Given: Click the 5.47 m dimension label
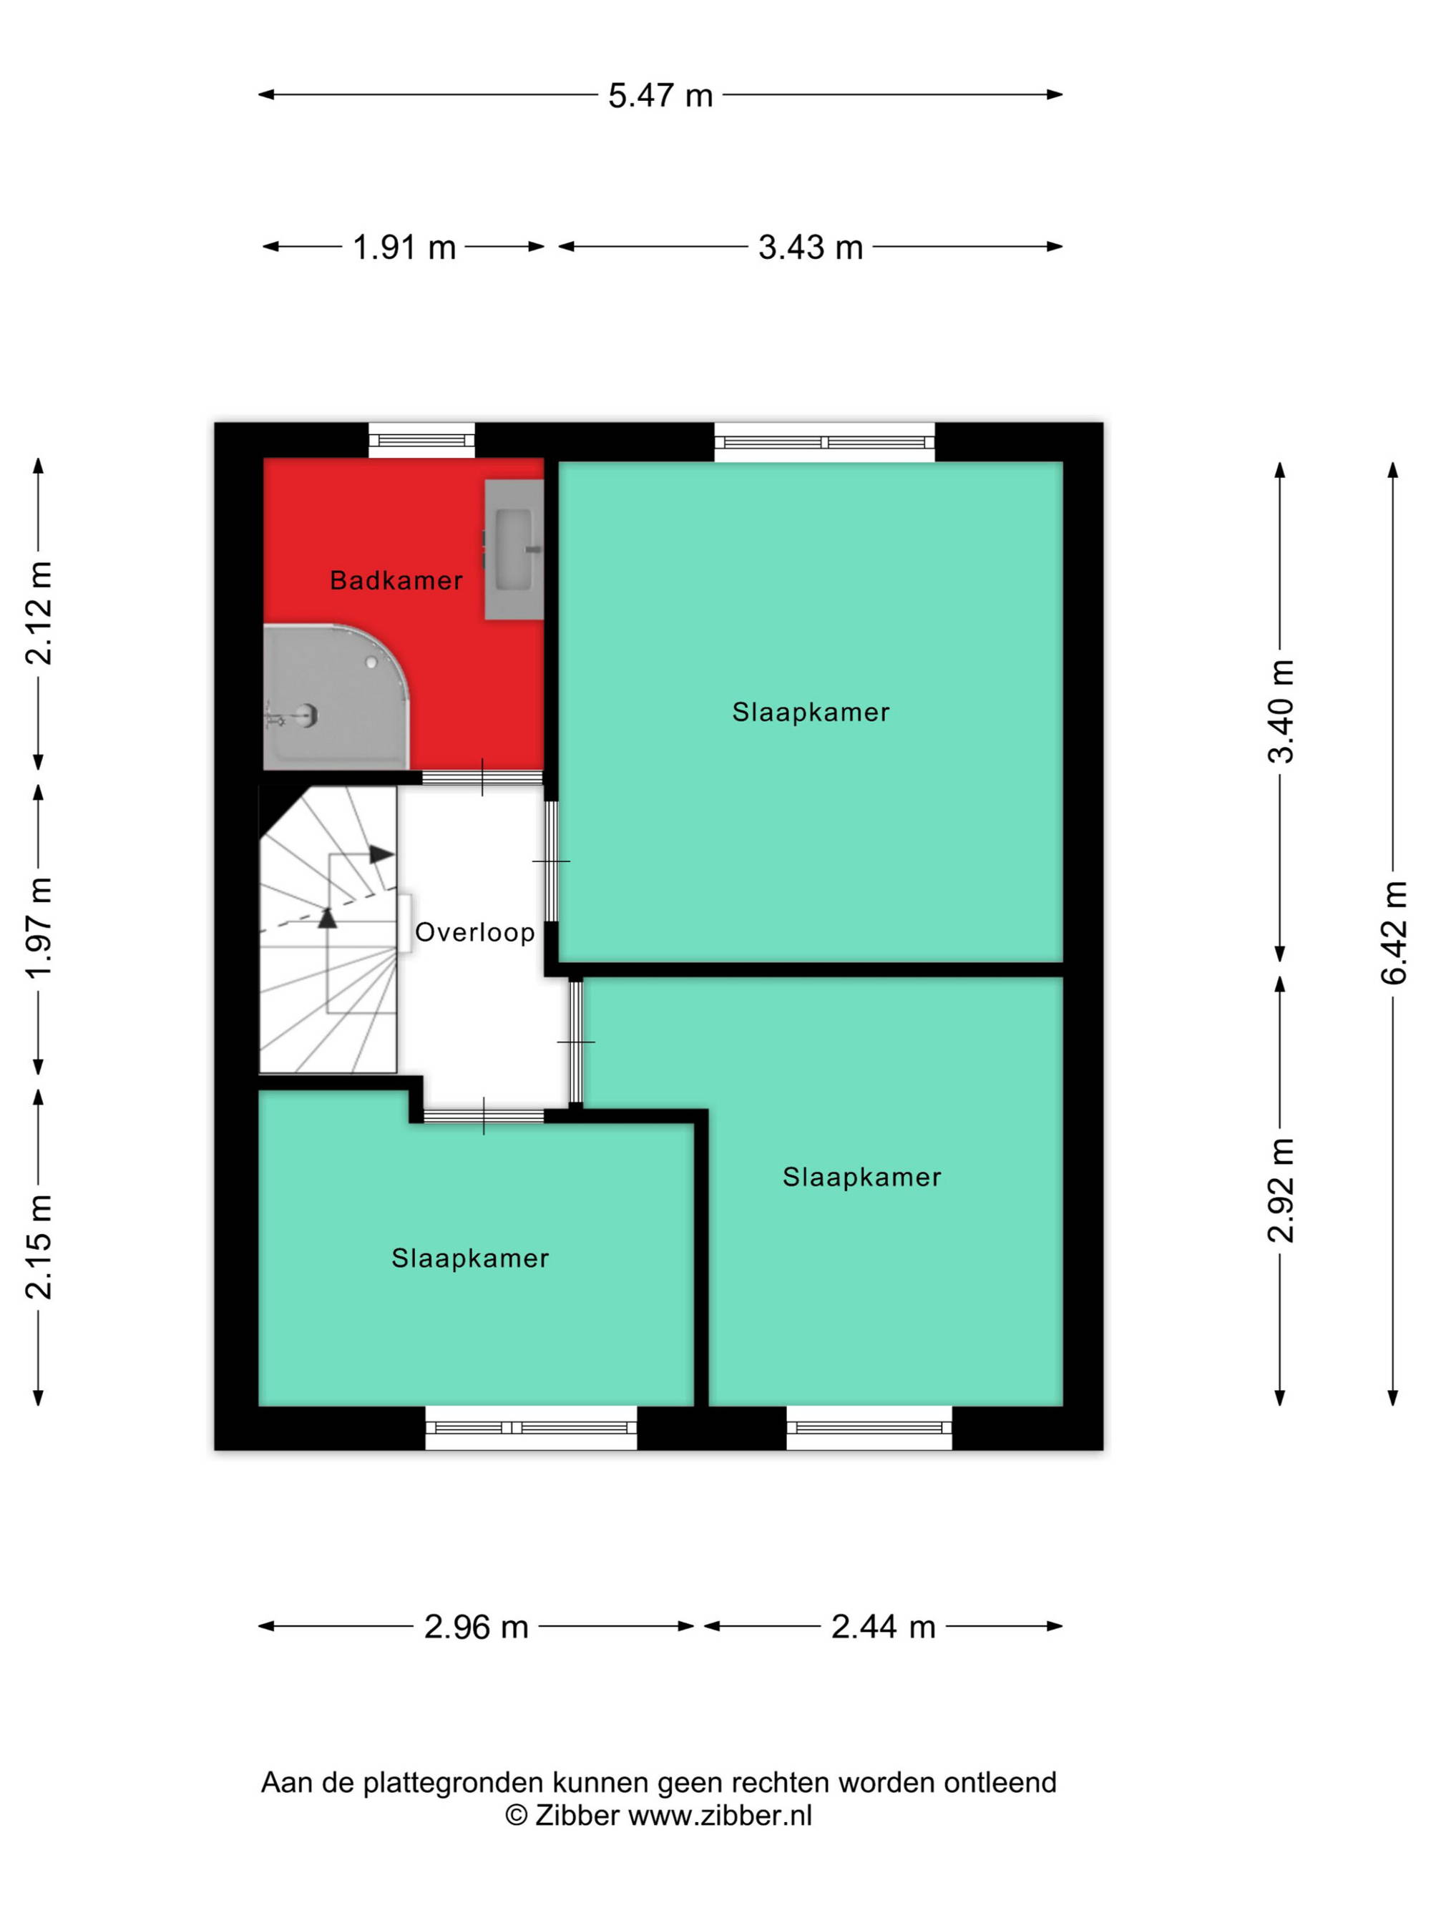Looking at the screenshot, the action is click(660, 95).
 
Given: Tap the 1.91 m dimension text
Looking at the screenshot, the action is click(404, 248).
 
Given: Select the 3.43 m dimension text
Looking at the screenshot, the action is click(810, 248).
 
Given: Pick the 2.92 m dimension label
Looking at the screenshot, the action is click(1281, 1190).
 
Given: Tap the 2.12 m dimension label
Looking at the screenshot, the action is click(39, 612).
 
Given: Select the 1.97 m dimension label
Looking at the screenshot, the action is click(39, 928).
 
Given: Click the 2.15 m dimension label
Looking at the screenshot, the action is click(39, 1246).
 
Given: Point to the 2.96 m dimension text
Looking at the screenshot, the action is click(476, 1627).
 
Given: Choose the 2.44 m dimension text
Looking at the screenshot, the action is click(883, 1627).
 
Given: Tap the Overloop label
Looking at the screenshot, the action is click(474, 932).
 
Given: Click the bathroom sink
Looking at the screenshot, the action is click(514, 549).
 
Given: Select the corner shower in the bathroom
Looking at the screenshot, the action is click(336, 697).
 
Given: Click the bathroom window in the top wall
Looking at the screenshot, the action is click(422, 441).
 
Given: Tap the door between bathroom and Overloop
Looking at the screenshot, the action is click(482, 777).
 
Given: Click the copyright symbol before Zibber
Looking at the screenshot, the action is click(516, 1815).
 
